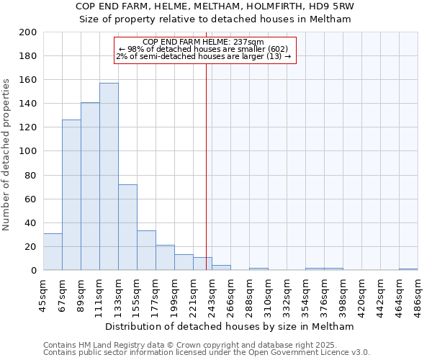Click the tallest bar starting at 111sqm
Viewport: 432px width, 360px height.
pyautogui.click(x=109, y=176)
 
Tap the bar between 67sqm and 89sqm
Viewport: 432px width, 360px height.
pyautogui.click(x=71, y=194)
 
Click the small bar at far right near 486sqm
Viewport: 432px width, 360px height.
pyautogui.click(x=408, y=269)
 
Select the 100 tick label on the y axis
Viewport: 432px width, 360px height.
pyautogui.click(x=27, y=151)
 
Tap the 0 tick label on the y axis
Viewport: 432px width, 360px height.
pyautogui.click(x=33, y=271)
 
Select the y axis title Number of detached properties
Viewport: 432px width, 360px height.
pyautogui.click(x=6, y=151)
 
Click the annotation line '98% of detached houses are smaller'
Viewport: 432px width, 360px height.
pyautogui.click(x=204, y=49)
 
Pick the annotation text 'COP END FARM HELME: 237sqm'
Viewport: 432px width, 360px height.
pyautogui.click(x=204, y=42)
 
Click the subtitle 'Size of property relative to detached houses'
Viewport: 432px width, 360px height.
pyautogui.click(x=215, y=19)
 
